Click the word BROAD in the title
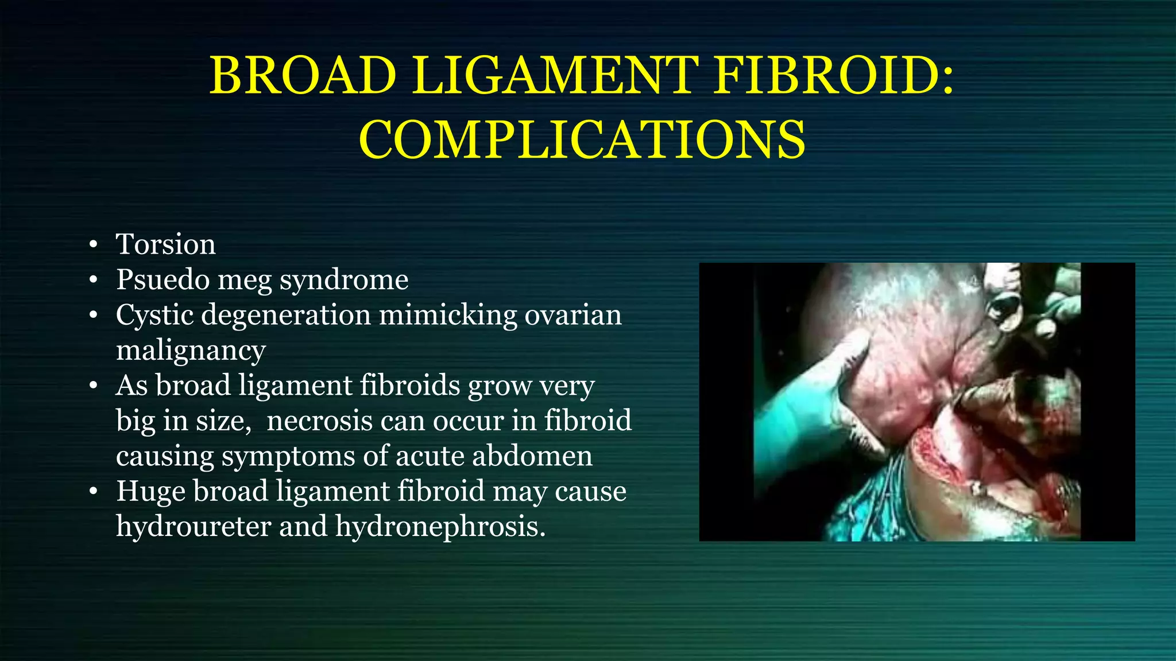303,76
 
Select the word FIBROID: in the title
835,76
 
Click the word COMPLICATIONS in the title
582,141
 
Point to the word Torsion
166,244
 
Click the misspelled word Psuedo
163,280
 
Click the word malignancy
191,351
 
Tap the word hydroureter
194,526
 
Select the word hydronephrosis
440,526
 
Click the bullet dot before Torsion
94,246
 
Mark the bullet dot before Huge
94,492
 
